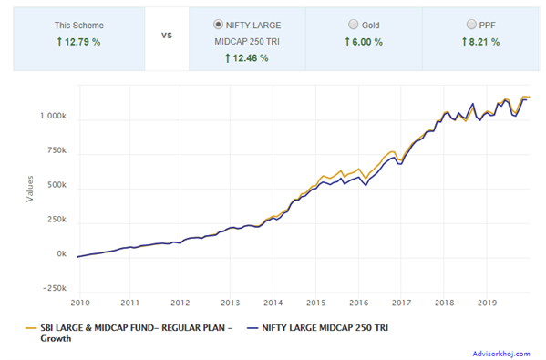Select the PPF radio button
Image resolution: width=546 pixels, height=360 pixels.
click(x=471, y=26)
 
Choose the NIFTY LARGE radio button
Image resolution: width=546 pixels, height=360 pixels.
click(x=217, y=26)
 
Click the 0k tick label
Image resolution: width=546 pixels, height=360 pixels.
click(x=60, y=254)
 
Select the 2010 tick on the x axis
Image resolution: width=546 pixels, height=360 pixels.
click(x=79, y=302)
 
